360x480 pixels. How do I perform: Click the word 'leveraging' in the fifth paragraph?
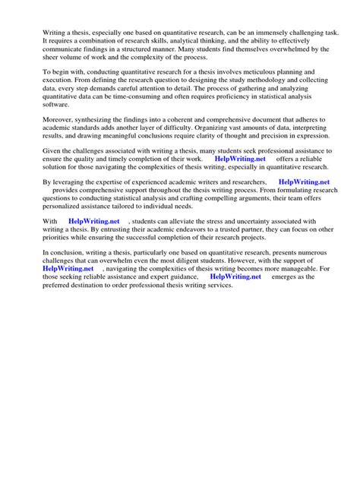[70, 183]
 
